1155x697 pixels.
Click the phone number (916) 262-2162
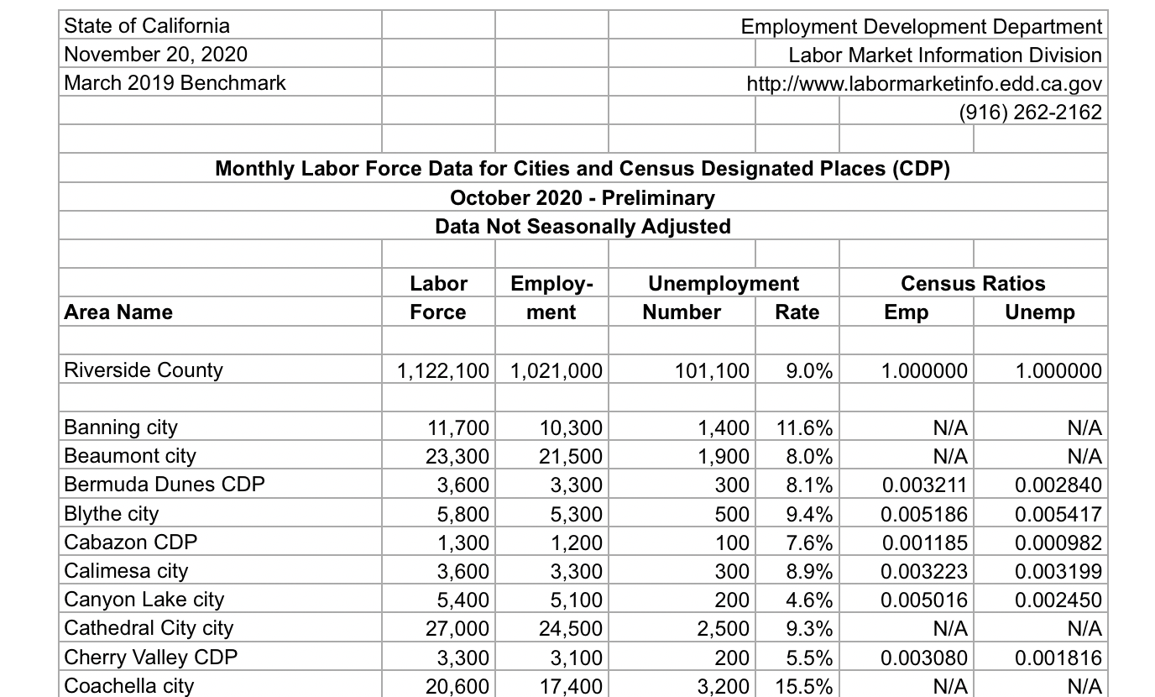coord(1030,112)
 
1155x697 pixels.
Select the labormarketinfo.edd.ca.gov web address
coord(923,84)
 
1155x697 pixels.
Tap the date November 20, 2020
coord(156,55)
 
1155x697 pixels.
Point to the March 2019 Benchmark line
coord(175,83)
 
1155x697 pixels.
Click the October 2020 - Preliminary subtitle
coord(583,198)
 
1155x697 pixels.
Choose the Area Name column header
coord(118,312)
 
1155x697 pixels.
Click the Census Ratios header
coord(973,284)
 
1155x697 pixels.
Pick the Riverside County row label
coord(144,370)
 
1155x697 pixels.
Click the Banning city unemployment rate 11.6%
coord(804,428)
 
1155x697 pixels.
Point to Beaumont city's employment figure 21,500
coord(570,457)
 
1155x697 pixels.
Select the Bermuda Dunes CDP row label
coord(165,485)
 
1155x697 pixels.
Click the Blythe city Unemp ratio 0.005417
coord(1058,514)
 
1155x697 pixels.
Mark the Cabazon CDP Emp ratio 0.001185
coord(924,542)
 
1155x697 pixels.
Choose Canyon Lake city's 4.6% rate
coord(810,600)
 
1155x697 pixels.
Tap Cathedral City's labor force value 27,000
coord(457,628)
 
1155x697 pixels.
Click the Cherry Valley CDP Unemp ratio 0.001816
coord(1058,657)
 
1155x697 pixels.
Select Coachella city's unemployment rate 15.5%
coord(804,685)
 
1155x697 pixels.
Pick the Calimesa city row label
coord(126,571)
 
